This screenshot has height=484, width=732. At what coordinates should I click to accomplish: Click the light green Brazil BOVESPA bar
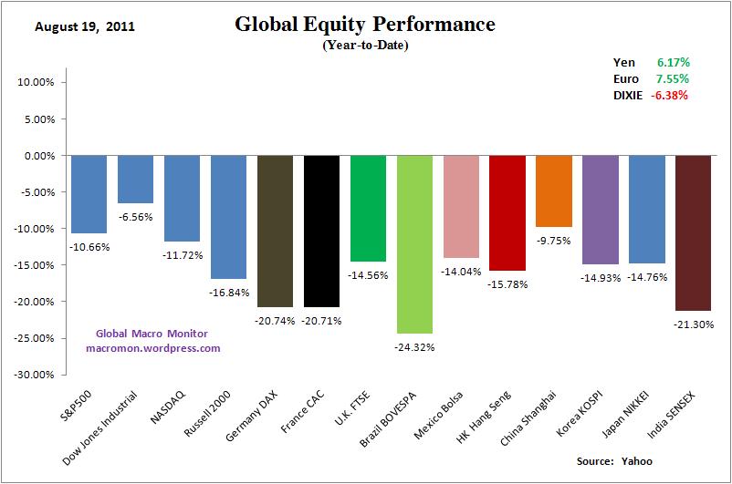(x=414, y=243)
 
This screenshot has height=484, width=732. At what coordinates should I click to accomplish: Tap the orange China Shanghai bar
(x=554, y=191)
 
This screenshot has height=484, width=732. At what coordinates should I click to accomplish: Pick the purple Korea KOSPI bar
(x=601, y=210)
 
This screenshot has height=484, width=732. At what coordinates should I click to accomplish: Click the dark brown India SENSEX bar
(x=694, y=232)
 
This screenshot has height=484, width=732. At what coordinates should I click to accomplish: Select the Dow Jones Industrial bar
(x=136, y=179)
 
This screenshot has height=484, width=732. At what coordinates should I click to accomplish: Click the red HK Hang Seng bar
(x=507, y=212)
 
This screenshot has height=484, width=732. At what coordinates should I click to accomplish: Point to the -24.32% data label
(x=414, y=347)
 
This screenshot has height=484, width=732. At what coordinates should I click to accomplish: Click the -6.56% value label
(x=136, y=217)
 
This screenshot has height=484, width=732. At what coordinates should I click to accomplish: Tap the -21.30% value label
(x=694, y=324)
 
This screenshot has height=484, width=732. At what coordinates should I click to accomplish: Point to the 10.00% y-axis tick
(x=37, y=82)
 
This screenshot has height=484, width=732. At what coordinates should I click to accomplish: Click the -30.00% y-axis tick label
(x=36, y=374)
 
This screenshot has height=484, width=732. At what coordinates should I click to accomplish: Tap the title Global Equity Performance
(x=365, y=25)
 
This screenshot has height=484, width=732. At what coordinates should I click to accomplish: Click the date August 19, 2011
(x=85, y=26)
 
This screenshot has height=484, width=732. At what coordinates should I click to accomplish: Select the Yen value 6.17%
(x=673, y=62)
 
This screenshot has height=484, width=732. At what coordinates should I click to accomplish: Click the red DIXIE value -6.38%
(x=670, y=94)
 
